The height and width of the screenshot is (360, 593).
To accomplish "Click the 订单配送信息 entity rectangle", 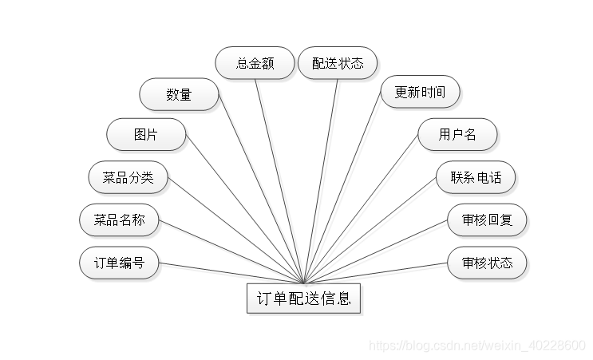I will [x=304, y=299].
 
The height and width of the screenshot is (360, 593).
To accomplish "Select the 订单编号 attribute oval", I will [x=120, y=263].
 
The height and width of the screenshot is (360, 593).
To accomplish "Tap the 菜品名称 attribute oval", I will [x=120, y=220].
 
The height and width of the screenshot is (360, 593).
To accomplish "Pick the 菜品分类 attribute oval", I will [x=128, y=177].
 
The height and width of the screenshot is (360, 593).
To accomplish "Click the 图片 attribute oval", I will [x=146, y=135].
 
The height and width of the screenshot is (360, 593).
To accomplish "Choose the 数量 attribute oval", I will [x=179, y=94].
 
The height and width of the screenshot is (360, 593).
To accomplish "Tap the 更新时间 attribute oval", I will [x=420, y=93].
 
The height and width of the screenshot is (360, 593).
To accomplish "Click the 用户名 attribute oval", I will [x=457, y=135].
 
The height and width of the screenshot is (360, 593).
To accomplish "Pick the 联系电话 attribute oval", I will [x=476, y=177].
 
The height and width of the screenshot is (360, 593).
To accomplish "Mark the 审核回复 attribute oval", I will [x=487, y=220].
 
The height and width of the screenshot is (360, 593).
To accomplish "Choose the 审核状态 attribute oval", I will [x=487, y=263].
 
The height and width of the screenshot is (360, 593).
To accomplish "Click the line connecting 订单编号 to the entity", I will [x=231, y=272].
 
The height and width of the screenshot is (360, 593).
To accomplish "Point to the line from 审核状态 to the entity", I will [x=375, y=273].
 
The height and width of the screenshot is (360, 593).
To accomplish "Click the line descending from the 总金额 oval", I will [x=279, y=180].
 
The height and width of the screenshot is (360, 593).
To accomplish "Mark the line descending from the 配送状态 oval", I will [x=321, y=180].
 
